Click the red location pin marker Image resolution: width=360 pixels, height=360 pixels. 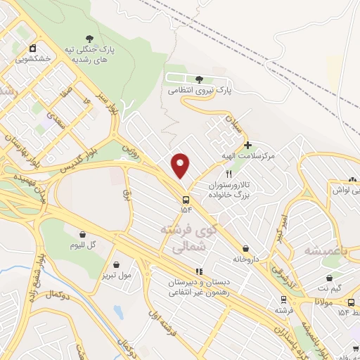[181, 165]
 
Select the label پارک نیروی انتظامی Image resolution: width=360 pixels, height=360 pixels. [200, 91]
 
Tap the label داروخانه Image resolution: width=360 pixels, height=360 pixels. [246, 259]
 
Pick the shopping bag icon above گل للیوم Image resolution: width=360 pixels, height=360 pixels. [83, 234]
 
